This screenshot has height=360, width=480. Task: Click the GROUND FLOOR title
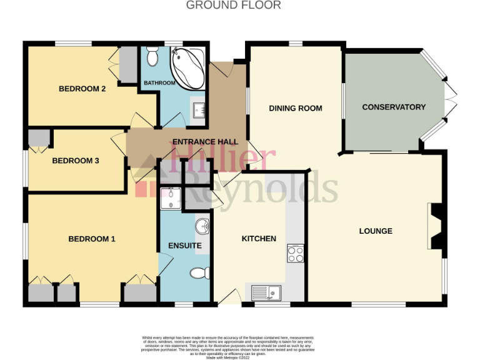(x=234, y=5)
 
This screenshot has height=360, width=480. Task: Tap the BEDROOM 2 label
(x=82, y=89)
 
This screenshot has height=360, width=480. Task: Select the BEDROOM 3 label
(x=76, y=161)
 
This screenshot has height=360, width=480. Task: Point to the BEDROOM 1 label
(x=92, y=239)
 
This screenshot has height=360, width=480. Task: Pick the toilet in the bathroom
(x=152, y=59)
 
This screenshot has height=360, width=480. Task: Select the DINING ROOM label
(x=296, y=108)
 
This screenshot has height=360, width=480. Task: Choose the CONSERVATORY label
(x=394, y=107)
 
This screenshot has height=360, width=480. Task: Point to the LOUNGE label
(x=376, y=231)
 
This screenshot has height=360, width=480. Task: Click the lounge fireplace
(x=435, y=226)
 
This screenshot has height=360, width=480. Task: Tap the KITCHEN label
(x=259, y=239)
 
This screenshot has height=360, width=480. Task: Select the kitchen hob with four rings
(x=295, y=252)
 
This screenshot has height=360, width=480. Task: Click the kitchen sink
(x=267, y=291)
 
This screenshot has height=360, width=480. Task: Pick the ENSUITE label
(x=185, y=246)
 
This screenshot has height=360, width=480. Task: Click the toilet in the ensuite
(x=199, y=273)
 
